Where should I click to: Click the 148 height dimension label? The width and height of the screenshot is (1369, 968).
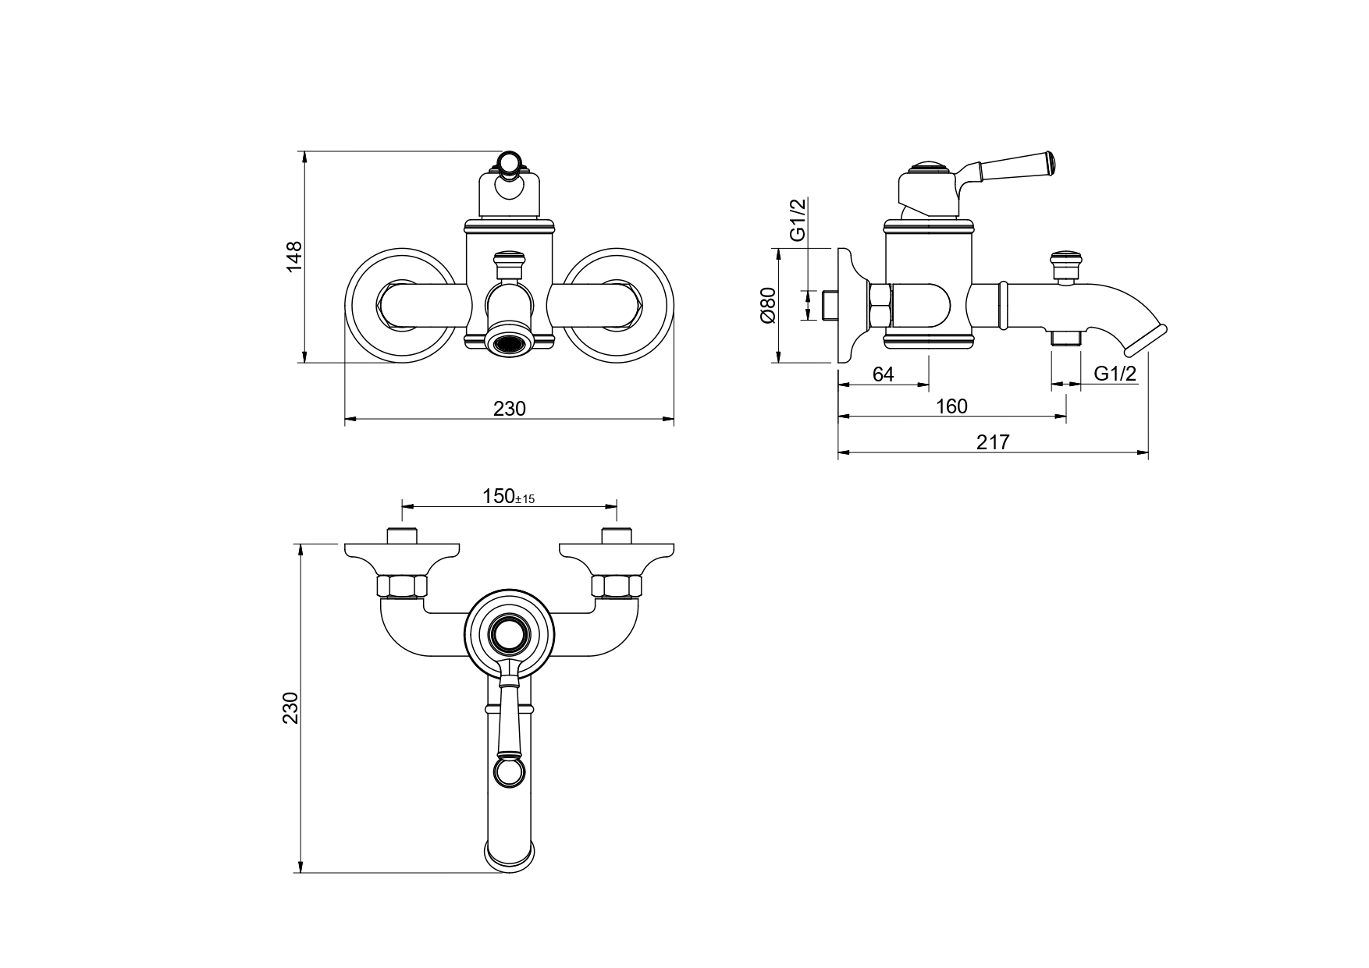point(293,257)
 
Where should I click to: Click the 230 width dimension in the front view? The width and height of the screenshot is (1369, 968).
point(510,408)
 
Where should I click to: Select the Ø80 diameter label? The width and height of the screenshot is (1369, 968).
point(767,305)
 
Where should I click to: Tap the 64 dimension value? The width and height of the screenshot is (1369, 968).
point(883,374)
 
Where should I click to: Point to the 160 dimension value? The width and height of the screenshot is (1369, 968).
point(951,406)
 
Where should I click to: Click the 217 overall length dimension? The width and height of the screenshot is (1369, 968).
point(993,442)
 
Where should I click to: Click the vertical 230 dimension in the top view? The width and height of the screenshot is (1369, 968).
point(291,707)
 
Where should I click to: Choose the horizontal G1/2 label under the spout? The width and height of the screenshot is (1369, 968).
point(1115,374)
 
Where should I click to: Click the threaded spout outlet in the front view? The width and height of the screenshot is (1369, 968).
point(509,342)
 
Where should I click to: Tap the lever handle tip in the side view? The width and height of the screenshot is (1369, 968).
point(1051,161)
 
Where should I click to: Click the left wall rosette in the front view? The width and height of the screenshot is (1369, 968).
point(399,305)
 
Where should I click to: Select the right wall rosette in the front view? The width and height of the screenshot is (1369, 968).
point(618,305)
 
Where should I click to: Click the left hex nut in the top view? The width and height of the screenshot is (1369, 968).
point(401,586)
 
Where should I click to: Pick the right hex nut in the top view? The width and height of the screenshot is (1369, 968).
point(617,586)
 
